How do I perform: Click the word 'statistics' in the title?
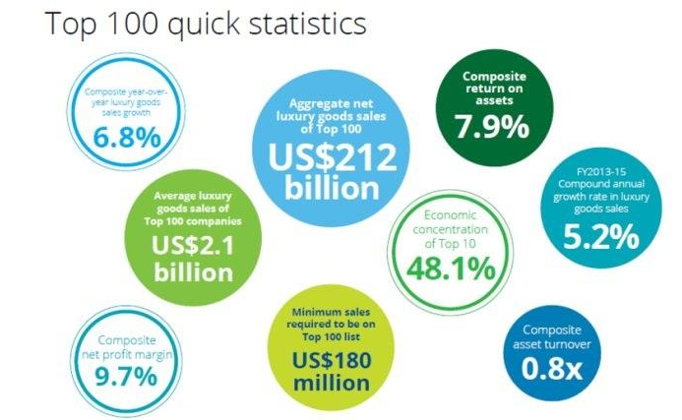[x=307, y=23]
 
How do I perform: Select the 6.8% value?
[x=127, y=138]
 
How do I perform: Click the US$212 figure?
[x=333, y=157]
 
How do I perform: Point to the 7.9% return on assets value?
[x=492, y=127]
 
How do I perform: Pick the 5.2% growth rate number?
[x=601, y=237]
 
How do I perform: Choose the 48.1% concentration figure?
[x=451, y=269]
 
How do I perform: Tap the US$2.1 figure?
[x=193, y=245]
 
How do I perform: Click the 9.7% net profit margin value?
[x=126, y=377]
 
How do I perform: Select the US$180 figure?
[x=332, y=360]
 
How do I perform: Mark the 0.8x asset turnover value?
[x=551, y=369]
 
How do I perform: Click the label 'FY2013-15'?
[x=601, y=172]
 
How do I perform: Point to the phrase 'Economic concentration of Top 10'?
[x=450, y=229]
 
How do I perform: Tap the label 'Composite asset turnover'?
[x=551, y=337]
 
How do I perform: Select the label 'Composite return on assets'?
[x=494, y=89]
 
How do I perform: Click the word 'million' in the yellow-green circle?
[x=332, y=383]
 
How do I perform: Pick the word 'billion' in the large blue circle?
[x=332, y=188]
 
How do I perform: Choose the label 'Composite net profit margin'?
[x=127, y=347]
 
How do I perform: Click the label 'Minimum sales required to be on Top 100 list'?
[x=331, y=325]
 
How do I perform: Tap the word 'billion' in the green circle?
[x=194, y=273]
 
